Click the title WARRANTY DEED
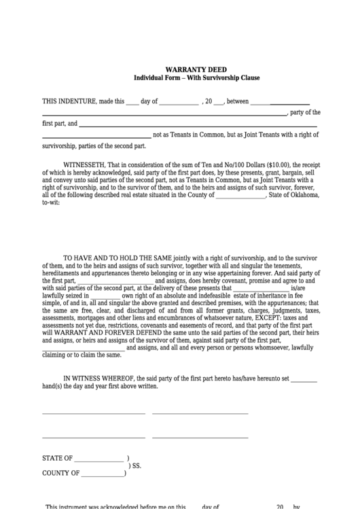point(196,69)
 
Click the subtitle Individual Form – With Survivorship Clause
point(196,78)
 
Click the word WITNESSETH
point(84,164)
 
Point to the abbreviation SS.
point(136,467)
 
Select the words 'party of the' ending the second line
point(304,112)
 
